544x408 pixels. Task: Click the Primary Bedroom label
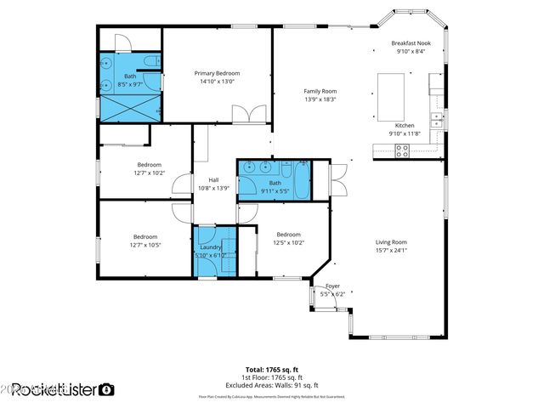pos(218,74)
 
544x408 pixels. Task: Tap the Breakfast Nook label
pos(411,42)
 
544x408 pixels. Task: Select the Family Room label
pos(320,91)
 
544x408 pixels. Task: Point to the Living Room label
pos(392,242)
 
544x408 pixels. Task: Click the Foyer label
pos(333,286)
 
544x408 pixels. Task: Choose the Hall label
pos(214,179)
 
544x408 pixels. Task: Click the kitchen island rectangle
pos(391,91)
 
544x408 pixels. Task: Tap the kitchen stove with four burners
pos(402,151)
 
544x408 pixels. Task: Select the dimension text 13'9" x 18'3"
pos(320,99)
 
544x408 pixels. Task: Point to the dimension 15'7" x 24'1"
pos(392,251)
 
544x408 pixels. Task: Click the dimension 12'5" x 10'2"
pos(288,243)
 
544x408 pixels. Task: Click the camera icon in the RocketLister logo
pos(106,389)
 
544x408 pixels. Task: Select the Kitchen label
pos(405,125)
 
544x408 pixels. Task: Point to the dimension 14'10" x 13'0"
pos(218,82)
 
